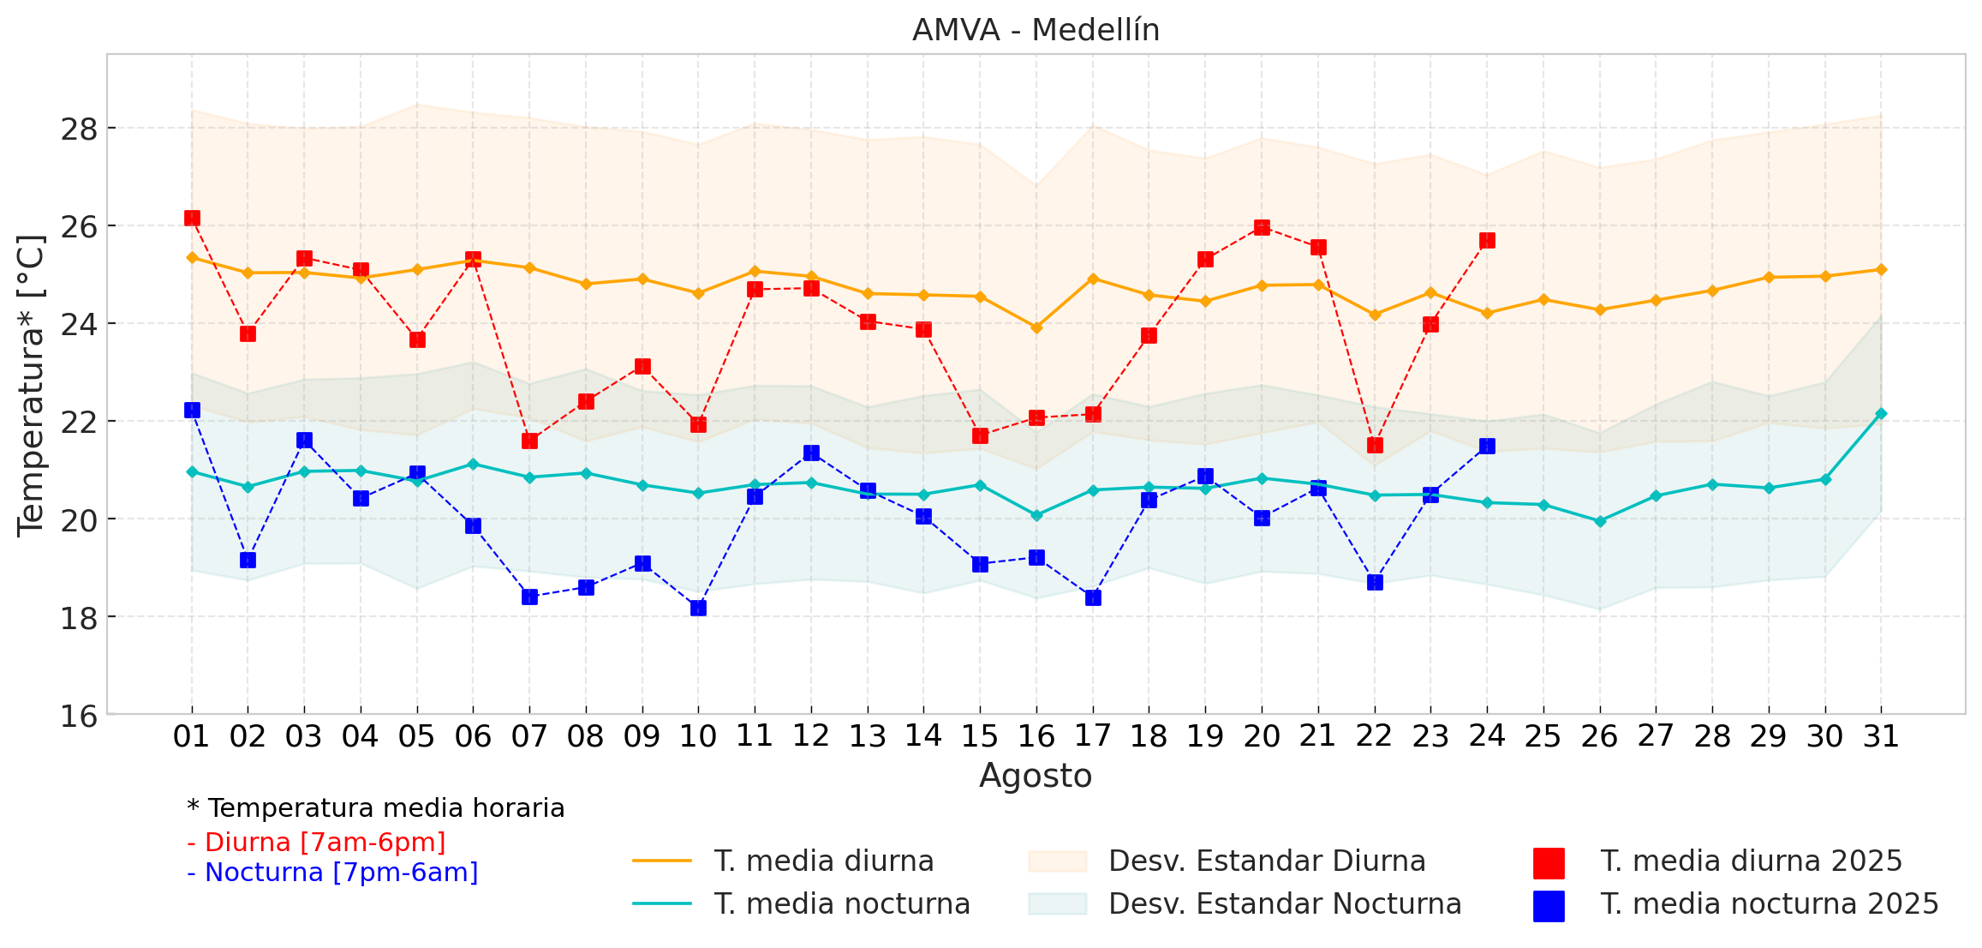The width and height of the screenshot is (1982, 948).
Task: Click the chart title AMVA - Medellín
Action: pos(1036,30)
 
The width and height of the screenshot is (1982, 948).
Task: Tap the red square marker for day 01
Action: pos(192,218)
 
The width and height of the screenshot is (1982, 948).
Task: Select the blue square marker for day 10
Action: pos(698,608)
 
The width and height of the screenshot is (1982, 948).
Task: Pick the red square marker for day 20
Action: pos(1262,227)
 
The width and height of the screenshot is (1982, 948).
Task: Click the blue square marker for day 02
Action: pos(248,560)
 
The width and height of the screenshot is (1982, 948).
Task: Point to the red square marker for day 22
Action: pos(1375,445)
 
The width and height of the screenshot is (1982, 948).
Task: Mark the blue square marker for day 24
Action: pos(1487,446)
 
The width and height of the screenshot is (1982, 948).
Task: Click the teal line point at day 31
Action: pos(1881,413)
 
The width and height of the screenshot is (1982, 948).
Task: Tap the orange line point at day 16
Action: pos(1036,327)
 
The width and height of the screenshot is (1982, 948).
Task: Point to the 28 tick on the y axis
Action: pos(79,129)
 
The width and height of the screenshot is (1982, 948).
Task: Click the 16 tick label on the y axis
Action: pos(79,715)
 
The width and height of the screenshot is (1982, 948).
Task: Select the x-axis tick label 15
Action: pos(980,736)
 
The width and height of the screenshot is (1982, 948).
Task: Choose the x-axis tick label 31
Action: pos(1881,736)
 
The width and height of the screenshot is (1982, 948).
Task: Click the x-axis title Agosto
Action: pos(1036,776)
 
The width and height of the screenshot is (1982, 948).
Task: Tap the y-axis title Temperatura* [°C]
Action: pos(32,386)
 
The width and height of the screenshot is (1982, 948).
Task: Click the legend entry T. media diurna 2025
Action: pos(1751,861)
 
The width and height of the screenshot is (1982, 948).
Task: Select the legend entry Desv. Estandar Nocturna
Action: pos(1285,903)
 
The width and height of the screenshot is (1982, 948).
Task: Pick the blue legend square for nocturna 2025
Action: pos(1549,906)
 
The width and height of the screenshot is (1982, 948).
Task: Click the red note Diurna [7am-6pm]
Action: pos(316,843)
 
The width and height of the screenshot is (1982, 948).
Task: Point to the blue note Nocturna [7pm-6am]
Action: pos(332,873)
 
